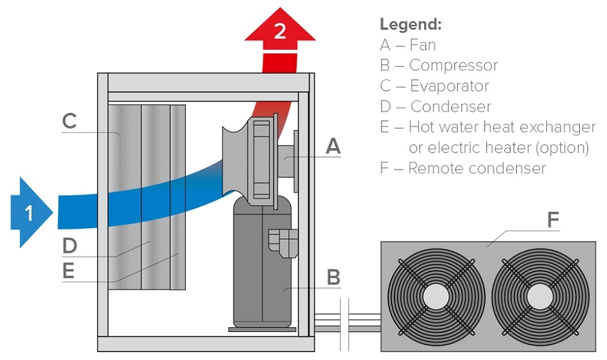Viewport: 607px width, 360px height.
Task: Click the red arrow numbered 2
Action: pos(280,32)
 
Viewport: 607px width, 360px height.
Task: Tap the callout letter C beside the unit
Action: pos(69,121)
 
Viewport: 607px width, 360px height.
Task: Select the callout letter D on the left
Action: pos(69,245)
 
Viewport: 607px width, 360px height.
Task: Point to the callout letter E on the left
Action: pos(69,271)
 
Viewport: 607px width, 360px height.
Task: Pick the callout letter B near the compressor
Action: pos(333,277)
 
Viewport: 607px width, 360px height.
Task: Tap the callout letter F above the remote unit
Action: pos(553,219)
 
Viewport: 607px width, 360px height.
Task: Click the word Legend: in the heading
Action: pos(411,25)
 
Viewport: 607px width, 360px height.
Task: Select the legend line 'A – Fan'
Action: pos(408,45)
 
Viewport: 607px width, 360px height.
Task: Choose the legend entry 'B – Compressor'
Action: pos(439,65)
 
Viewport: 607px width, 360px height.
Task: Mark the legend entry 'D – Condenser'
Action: pos(436,107)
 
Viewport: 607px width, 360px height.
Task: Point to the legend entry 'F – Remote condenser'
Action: pos(463,168)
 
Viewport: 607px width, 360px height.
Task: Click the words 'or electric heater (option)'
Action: pos(499,147)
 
